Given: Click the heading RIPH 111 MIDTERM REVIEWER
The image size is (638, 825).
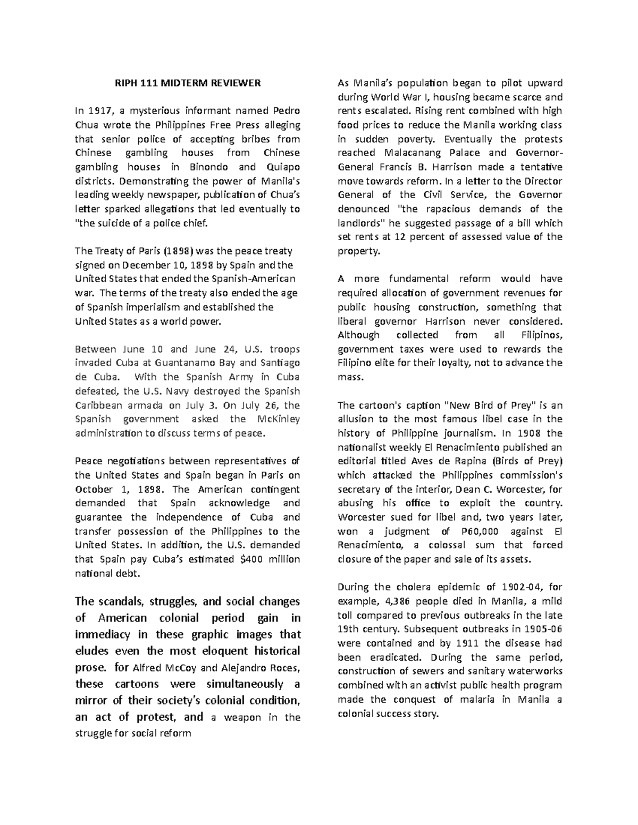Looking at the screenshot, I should click(x=188, y=83).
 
